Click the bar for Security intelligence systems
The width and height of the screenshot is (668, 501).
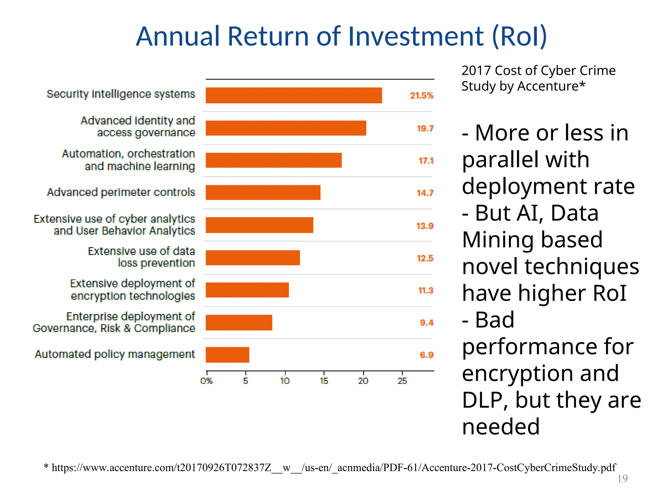[x=294, y=95]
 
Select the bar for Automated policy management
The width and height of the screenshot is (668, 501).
[x=227, y=355]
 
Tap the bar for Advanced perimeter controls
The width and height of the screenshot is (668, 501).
[x=263, y=192]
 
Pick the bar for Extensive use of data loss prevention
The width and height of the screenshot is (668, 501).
[x=252, y=258]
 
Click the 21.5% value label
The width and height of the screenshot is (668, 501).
[x=421, y=96]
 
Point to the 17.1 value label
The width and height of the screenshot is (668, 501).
[x=426, y=161]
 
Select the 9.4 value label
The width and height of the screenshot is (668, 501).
[x=426, y=323]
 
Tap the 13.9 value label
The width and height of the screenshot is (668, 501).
[x=424, y=226]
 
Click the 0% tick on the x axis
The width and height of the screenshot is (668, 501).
[x=206, y=381]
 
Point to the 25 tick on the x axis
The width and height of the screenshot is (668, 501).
[x=402, y=381]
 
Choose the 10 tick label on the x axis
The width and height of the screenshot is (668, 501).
[x=285, y=381]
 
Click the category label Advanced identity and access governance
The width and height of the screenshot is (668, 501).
[x=138, y=127]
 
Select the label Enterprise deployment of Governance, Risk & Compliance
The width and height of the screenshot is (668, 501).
[x=114, y=322]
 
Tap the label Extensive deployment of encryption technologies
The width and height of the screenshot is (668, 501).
[x=132, y=290]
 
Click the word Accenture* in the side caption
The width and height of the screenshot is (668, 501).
[x=551, y=86]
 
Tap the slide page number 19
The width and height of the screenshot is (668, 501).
[x=622, y=478]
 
